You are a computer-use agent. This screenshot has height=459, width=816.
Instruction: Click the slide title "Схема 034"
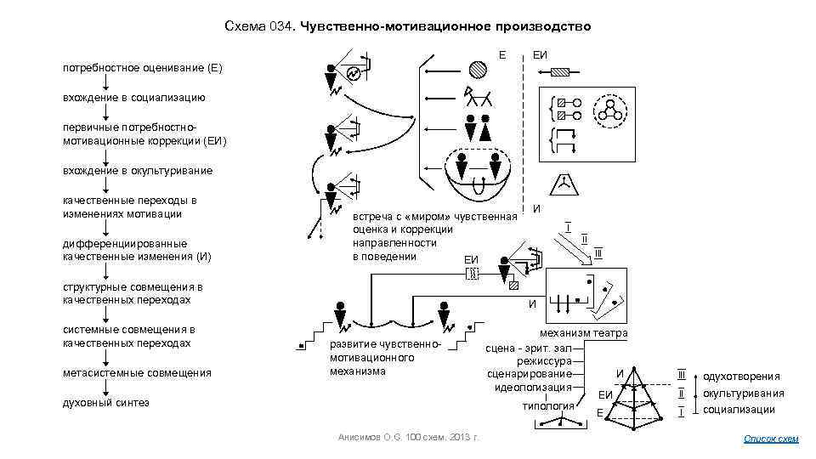point(407,26)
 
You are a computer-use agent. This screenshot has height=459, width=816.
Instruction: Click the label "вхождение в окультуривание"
point(137,170)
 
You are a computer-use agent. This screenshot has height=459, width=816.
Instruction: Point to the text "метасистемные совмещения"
point(136,372)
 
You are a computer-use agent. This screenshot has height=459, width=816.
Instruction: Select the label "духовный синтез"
point(105,402)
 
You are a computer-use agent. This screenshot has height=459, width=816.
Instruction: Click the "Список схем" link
point(771,439)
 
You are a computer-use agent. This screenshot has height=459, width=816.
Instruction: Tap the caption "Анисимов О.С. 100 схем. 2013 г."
point(408,436)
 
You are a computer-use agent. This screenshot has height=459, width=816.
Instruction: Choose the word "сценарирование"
point(529,374)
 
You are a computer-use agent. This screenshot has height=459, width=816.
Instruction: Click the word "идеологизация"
point(533,388)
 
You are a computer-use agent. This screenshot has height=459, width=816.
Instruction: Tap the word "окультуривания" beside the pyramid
point(743,394)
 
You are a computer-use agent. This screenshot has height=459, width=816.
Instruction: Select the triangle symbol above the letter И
point(564,182)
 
